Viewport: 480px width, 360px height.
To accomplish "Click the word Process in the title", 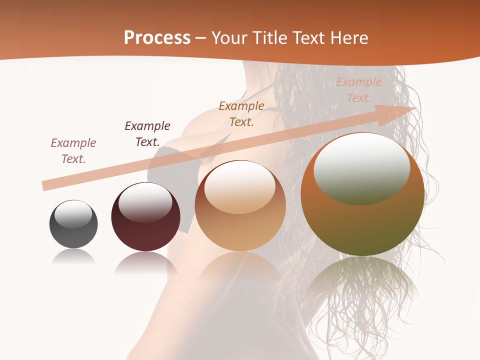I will [157, 38].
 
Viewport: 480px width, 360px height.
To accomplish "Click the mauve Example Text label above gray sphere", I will [73, 151].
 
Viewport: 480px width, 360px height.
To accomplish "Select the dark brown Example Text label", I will [147, 134].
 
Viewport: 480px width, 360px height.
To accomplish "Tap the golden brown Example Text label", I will [241, 114].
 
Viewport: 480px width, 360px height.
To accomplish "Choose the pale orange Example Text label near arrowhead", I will [359, 90].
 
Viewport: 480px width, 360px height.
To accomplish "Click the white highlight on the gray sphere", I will [73, 214].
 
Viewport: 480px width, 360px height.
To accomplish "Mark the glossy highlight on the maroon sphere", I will [145, 202].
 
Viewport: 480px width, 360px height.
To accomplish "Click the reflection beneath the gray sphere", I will [73, 257].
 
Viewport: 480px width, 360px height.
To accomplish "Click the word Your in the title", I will [228, 38].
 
